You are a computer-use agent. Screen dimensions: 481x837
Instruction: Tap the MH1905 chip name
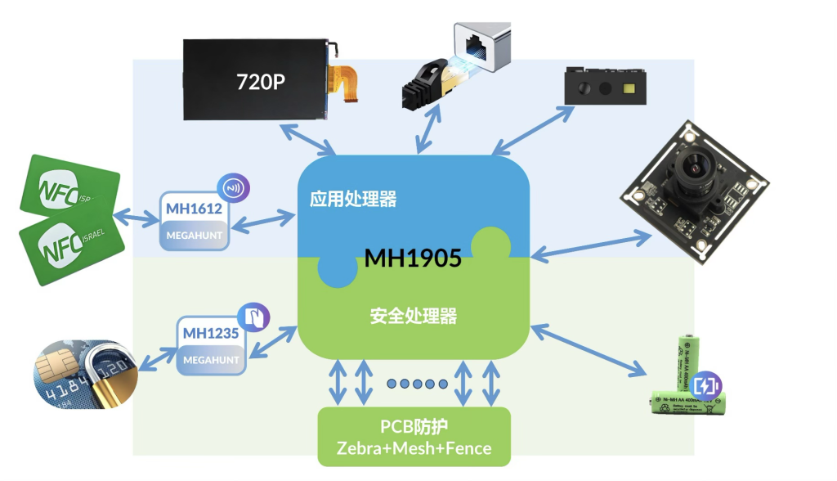pos(413,258)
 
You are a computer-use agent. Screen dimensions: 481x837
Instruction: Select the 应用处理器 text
pos(353,200)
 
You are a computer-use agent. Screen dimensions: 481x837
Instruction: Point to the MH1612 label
pos(194,208)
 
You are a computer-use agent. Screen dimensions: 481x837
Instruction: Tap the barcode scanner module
pos(605,86)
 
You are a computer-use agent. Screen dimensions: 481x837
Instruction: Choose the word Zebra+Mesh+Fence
pos(414,448)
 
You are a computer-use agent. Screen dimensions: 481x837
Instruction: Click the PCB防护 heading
pos(414,427)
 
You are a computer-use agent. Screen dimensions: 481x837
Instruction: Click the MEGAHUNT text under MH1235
pos(211,360)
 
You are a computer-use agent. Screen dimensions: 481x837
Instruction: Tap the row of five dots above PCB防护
pos(417,384)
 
